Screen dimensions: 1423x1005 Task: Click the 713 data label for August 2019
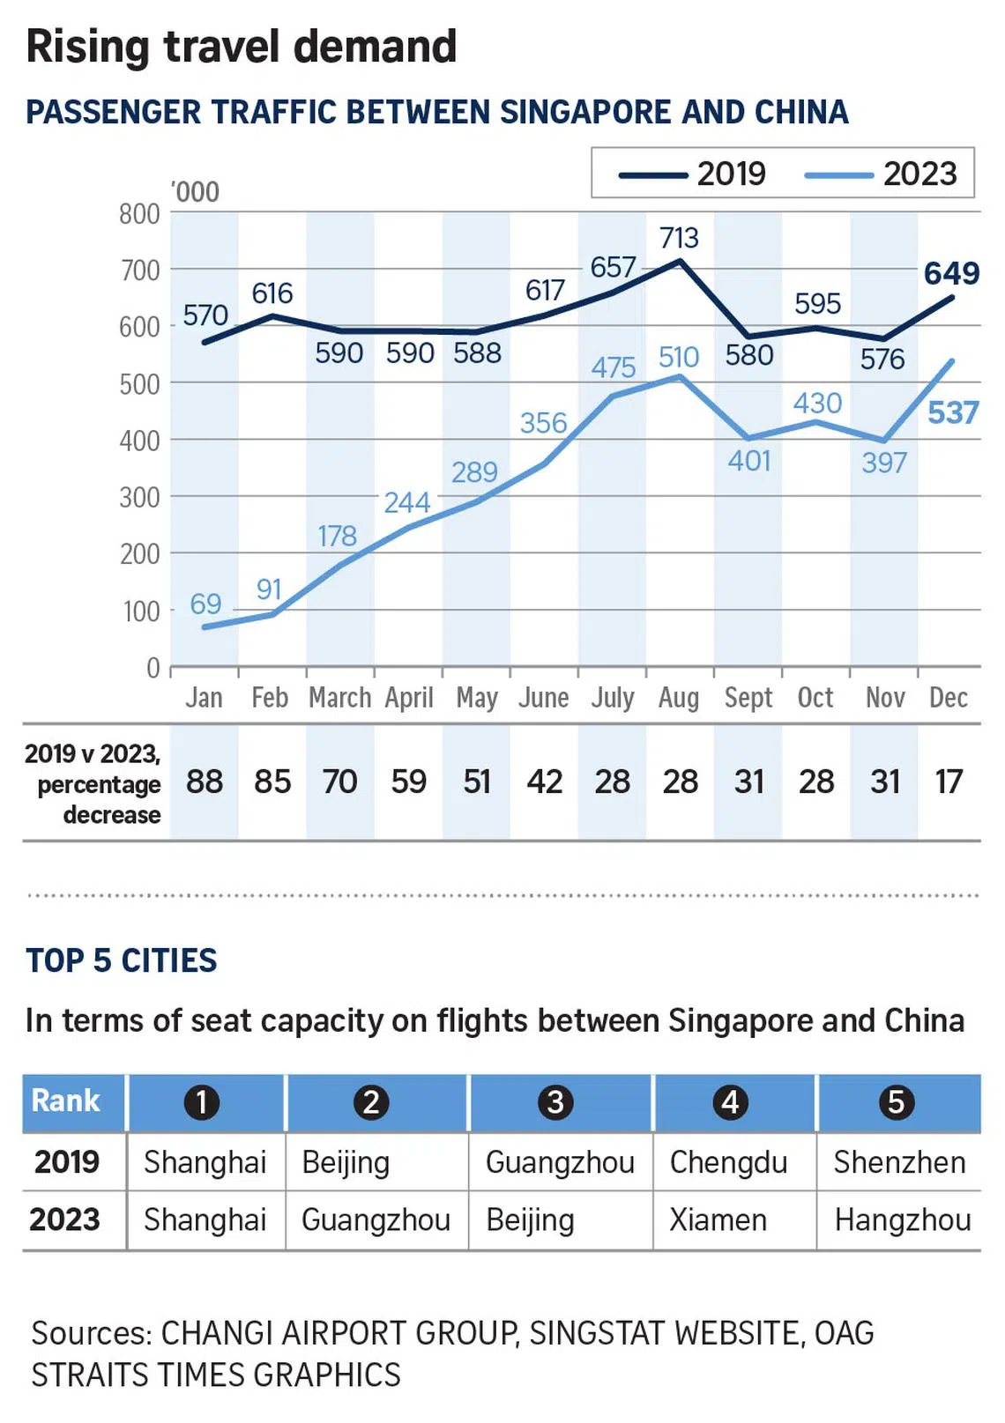[679, 238]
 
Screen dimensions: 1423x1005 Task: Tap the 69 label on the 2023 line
[205, 604]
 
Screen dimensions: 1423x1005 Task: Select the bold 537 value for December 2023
[953, 412]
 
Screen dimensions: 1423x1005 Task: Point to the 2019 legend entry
[693, 174]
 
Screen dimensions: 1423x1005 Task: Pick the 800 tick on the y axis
[139, 214]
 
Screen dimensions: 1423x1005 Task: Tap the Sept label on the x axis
[748, 698]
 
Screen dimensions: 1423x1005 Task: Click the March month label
[339, 698]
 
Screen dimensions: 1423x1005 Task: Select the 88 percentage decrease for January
[205, 782]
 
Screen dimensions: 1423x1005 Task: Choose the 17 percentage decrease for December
[949, 782]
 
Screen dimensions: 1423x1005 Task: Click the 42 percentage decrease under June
[544, 782]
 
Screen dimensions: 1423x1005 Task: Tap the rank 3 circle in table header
[555, 1102]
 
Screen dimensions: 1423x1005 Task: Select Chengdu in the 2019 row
[728, 1162]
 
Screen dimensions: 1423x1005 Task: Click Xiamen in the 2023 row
[718, 1220]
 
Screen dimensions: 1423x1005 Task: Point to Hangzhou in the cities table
[902, 1220]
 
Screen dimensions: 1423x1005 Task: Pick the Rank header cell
[66, 1101]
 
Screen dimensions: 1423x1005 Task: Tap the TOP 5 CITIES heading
[122, 960]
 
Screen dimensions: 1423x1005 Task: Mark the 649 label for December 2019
[951, 273]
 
